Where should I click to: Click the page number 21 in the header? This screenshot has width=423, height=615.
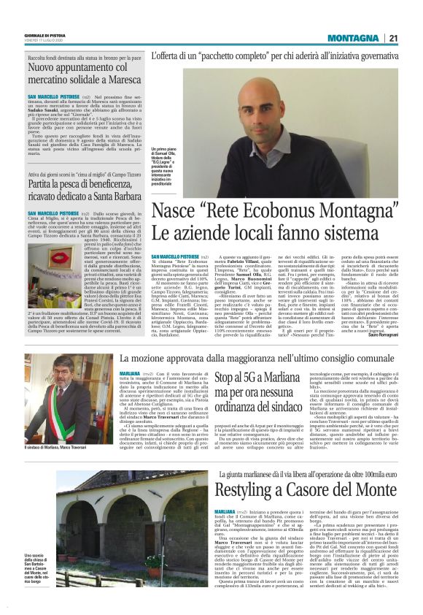pos(392,38)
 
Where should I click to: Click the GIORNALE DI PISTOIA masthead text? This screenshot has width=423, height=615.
pos(46,34)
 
